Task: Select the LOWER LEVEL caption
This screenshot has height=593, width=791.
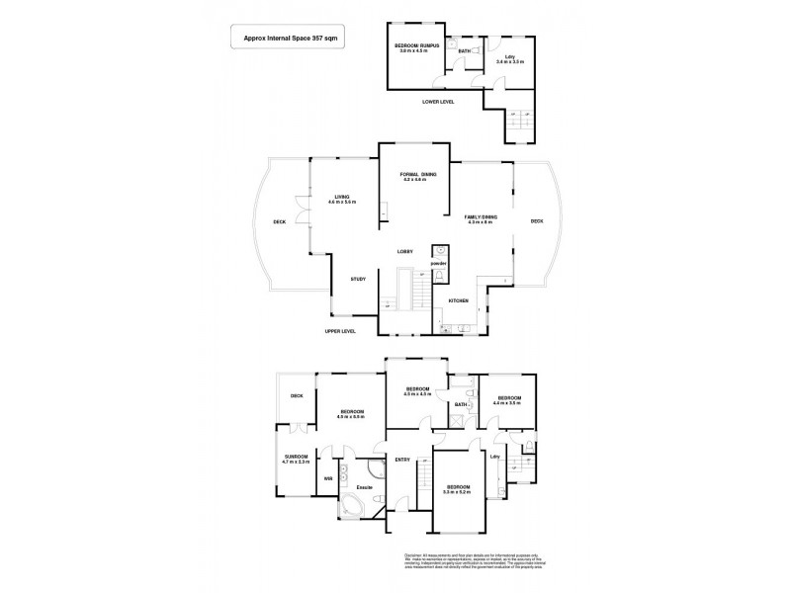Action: [x=437, y=102]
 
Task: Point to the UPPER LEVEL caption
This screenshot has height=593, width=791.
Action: [x=340, y=331]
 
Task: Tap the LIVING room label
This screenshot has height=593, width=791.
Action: [x=343, y=198]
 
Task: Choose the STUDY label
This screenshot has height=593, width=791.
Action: [x=358, y=279]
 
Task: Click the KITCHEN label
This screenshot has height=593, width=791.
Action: [x=458, y=300]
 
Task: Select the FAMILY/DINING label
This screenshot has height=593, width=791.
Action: [x=482, y=218]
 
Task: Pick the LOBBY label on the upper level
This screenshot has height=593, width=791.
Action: [x=405, y=251]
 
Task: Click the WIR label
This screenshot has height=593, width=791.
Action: [x=327, y=479]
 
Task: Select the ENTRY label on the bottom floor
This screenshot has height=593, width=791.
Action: [x=402, y=460]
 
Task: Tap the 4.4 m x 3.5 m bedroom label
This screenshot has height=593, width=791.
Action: [x=507, y=401]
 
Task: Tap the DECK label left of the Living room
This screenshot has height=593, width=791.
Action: [x=280, y=223]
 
